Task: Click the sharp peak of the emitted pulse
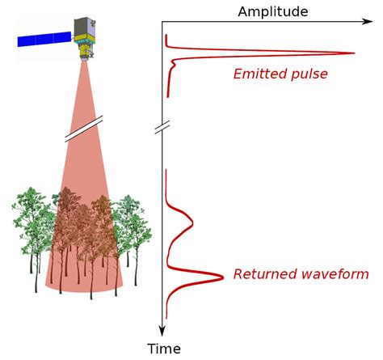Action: tap(353, 54)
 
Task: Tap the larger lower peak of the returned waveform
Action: tap(221, 277)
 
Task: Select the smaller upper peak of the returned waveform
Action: tap(195, 218)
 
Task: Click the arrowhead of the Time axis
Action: tap(162, 331)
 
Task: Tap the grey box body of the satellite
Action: tap(84, 30)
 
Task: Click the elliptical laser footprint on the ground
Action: tap(86, 282)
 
